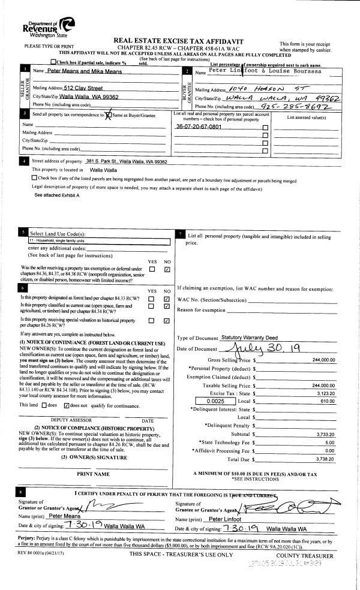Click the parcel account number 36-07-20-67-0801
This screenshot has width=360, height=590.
click(199, 127)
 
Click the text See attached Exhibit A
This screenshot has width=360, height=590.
click(57, 195)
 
